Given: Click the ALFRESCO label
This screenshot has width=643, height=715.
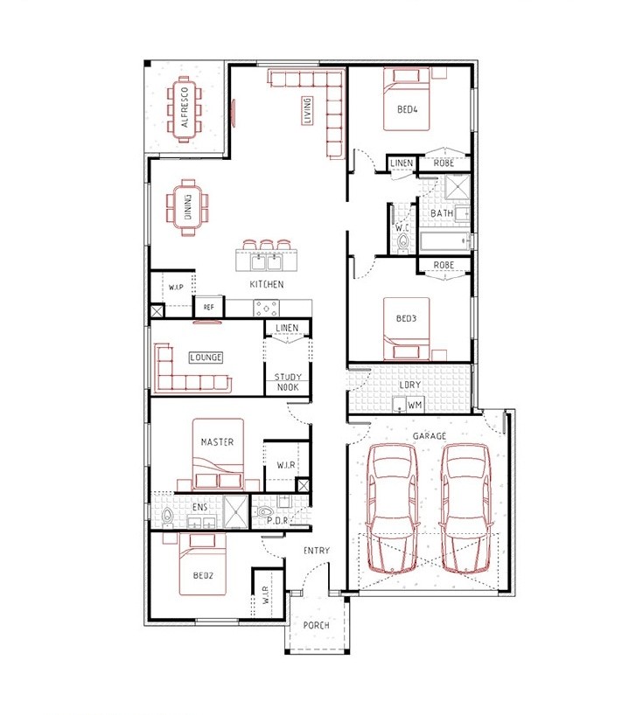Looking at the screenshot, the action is coord(185,108).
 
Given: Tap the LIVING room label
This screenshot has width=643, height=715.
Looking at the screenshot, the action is coord(307,110).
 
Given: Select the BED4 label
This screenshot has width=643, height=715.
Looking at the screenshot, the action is coord(407,109).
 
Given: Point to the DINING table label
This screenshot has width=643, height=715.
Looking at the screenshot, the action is coord(188,207).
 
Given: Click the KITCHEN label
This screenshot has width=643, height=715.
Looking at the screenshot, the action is coord(267,284).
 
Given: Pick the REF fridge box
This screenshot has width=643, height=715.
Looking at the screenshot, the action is coord(208,307).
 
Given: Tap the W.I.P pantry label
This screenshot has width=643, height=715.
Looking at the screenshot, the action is coord(176,288).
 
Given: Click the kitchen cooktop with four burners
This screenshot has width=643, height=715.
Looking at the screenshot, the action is coord(267,308).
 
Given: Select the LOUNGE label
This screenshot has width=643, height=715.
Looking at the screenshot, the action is coord(206,357).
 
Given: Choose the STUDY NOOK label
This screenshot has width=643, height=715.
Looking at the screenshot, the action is coord(288,382).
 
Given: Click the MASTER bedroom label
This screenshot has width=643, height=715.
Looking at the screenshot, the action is coord(217,442).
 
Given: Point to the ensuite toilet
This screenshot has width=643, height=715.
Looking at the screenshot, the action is coord(167,517).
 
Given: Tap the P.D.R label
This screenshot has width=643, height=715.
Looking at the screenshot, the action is coord(277,520).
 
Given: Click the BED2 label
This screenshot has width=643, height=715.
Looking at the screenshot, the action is coord(203,575).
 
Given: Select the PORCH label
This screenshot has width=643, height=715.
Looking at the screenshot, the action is coord(317,625).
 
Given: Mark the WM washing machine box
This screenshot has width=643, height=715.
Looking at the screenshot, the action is coord(415,405).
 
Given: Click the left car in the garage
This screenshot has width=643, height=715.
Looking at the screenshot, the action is coord(393,508).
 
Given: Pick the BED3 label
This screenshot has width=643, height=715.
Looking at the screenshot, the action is coord(406,318).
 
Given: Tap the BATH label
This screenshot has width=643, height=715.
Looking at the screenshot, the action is coord(442,213).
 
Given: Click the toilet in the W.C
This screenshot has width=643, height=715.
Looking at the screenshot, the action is coord(403,243).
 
